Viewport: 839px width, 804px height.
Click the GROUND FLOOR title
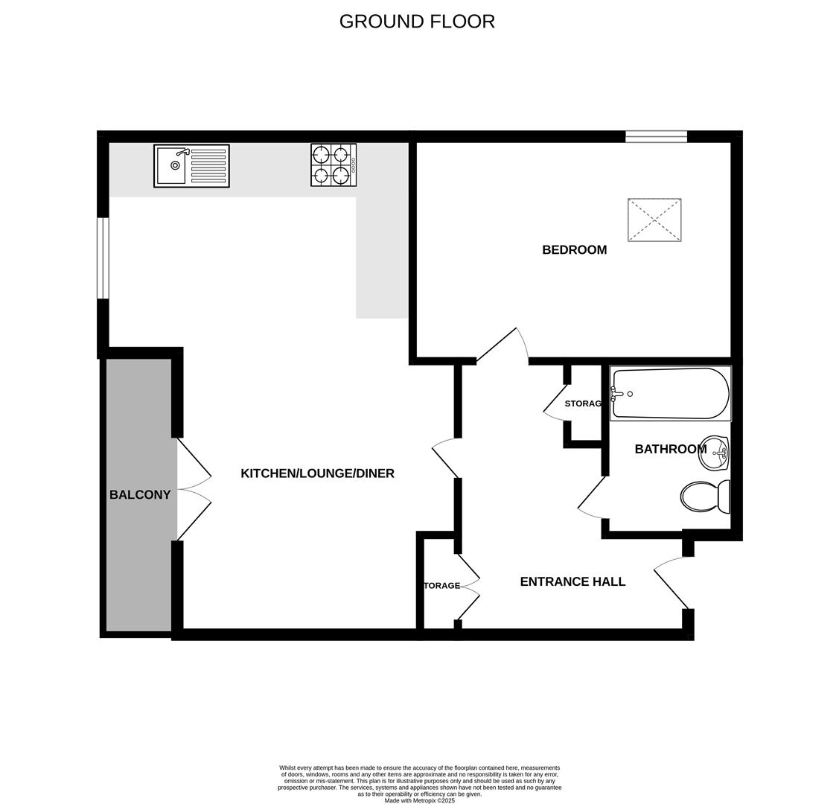417,22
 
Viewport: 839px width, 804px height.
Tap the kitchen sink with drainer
191,166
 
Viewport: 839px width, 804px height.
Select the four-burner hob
334,165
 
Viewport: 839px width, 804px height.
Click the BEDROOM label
574,250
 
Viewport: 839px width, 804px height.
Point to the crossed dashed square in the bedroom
654,220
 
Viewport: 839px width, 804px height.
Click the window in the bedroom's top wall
656,136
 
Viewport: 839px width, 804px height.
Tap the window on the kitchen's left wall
103,258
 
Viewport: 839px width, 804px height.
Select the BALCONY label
140,495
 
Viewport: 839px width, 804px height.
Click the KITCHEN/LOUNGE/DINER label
317,473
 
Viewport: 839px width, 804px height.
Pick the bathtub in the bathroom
670,394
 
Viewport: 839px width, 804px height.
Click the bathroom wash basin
714,453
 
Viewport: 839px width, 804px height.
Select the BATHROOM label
670,449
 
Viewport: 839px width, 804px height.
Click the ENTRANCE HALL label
572,582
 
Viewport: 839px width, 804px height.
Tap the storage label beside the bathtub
583,403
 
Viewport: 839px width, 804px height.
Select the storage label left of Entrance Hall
442,586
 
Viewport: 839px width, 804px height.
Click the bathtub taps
616,394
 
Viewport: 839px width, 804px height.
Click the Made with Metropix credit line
419,800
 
